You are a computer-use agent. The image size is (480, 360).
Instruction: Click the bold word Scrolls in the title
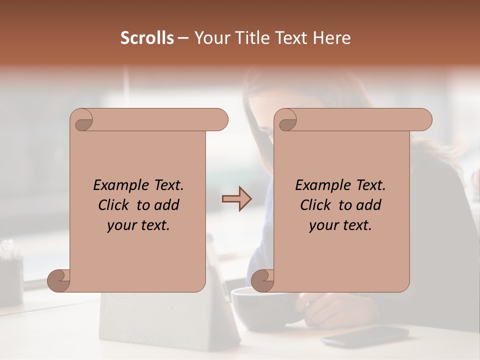point(147,38)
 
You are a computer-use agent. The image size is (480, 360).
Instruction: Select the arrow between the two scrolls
point(236,198)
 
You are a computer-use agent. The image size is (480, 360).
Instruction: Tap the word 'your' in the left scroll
point(122,225)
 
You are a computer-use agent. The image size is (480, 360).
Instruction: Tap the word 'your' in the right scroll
point(324,225)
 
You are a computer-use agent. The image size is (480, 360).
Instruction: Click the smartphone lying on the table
point(365,335)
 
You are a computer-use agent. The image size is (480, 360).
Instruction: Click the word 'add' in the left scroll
point(167,205)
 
